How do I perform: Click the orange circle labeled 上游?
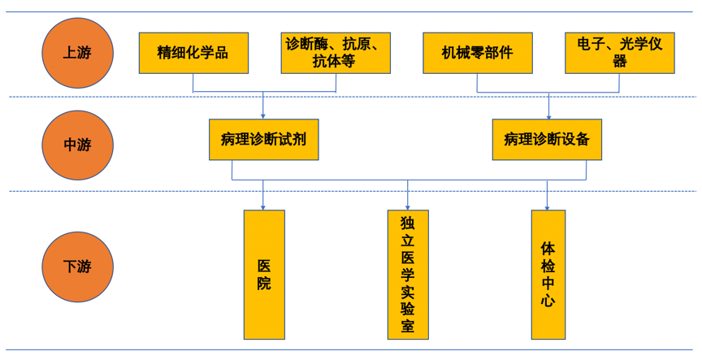click(x=77, y=53)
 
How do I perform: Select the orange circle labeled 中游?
click(x=77, y=145)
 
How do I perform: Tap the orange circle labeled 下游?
click(x=77, y=266)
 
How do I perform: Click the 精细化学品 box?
click(x=193, y=53)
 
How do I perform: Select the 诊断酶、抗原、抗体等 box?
click(x=335, y=53)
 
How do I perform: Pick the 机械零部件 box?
click(x=477, y=53)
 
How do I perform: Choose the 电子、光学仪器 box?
click(x=619, y=53)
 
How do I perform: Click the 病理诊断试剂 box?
click(x=263, y=139)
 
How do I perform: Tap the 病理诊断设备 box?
click(x=547, y=139)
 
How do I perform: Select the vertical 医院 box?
click(x=264, y=275)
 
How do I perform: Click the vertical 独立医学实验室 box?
click(x=408, y=275)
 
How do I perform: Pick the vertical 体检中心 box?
click(x=548, y=275)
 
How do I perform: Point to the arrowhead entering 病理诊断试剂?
click(x=263, y=115)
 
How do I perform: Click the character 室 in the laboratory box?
click(x=408, y=327)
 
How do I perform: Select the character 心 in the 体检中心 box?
click(x=548, y=301)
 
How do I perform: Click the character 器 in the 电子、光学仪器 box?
click(x=620, y=62)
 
